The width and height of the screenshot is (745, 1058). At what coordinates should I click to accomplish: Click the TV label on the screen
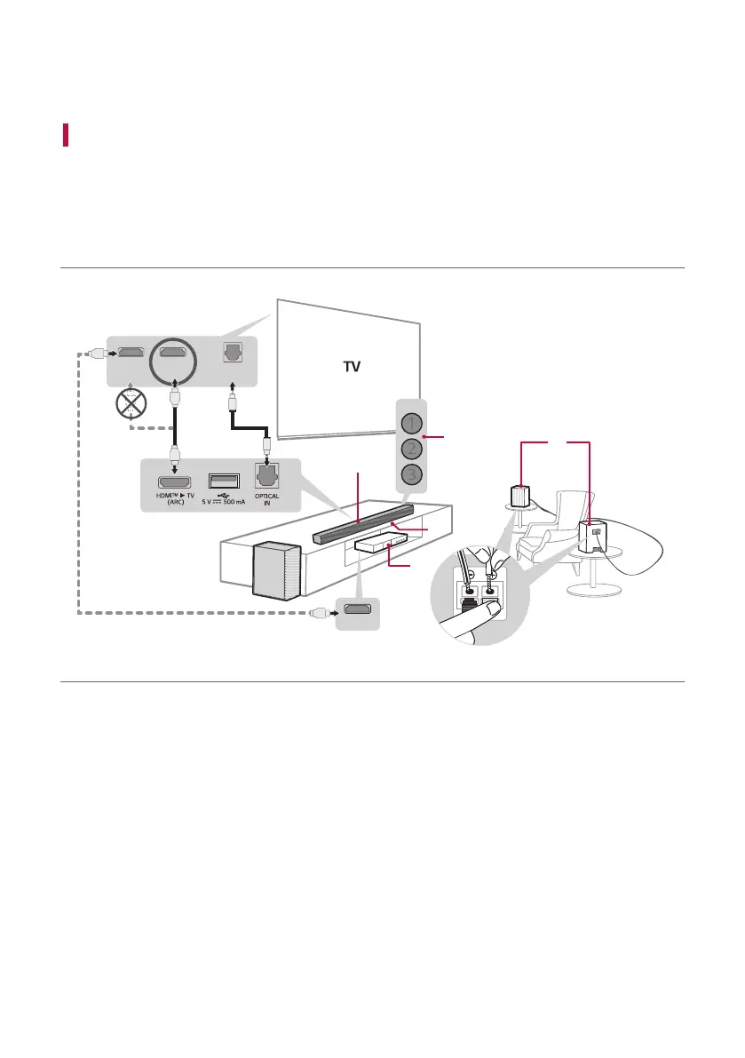coord(354,365)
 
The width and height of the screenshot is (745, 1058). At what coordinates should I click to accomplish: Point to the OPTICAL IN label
coord(267,500)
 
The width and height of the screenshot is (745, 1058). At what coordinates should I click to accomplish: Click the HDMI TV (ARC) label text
coord(176,500)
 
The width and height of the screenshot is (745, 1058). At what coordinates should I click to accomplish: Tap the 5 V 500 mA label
coord(220,501)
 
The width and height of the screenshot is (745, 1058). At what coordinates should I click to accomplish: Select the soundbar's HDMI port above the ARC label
coord(176,480)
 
